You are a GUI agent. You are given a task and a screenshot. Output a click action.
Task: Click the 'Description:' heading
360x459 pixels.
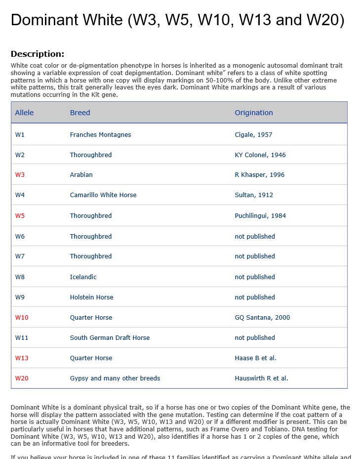[38, 54]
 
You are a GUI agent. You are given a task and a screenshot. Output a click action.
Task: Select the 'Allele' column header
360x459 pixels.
[24, 113]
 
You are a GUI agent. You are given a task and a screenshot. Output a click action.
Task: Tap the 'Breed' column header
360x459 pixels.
[80, 113]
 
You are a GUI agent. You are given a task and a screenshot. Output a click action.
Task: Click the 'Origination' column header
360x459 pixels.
[254, 113]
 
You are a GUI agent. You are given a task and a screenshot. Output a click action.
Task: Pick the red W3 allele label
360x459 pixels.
[20, 175]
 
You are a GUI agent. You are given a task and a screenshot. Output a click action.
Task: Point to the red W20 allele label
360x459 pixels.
[22, 378]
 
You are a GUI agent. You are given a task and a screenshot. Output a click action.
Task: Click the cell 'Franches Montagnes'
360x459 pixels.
[100, 135]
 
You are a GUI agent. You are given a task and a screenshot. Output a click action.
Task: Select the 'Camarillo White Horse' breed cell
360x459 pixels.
[103, 195]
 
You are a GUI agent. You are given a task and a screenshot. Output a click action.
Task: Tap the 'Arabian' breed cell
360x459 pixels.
[81, 175]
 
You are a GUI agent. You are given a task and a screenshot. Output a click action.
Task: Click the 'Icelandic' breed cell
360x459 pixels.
[83, 277]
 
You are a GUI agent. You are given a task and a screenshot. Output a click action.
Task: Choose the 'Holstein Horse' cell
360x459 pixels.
[91, 297]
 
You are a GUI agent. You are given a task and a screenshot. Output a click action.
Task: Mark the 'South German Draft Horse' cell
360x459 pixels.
[110, 338]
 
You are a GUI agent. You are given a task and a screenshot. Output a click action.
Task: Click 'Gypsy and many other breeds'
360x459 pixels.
[115, 378]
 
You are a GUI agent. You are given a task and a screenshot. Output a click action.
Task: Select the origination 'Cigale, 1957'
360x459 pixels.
[253, 135]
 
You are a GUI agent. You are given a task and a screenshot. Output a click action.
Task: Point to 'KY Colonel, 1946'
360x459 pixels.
[260, 155]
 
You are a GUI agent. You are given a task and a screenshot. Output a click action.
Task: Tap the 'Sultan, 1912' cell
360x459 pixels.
[254, 195]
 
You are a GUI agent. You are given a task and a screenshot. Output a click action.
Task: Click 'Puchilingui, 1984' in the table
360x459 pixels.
[260, 216]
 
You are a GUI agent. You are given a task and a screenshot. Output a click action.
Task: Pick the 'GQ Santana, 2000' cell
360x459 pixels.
[262, 318]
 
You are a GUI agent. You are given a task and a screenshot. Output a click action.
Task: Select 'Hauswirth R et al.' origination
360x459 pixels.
[261, 378]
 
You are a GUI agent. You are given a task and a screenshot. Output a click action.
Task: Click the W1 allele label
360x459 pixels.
[20, 135]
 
